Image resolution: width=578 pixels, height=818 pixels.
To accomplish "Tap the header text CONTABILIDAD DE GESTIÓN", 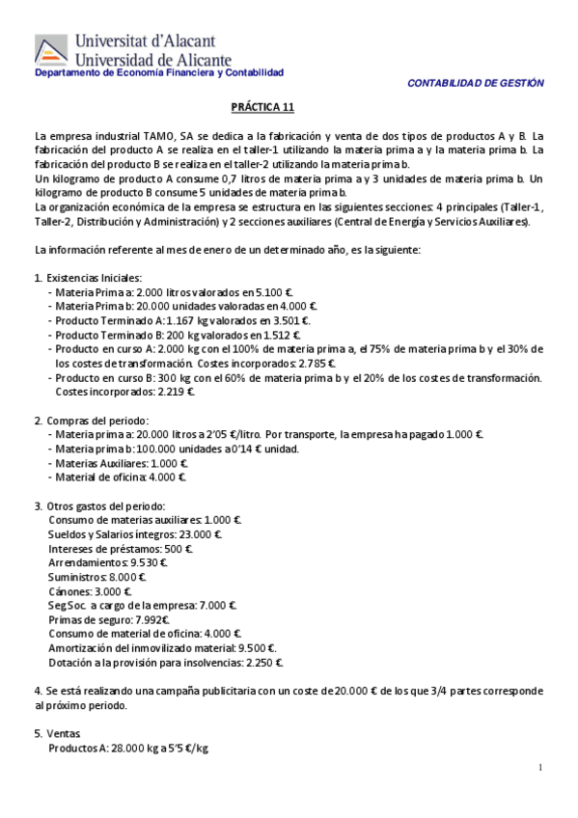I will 476,83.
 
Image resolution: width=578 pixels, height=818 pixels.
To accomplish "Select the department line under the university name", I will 159,73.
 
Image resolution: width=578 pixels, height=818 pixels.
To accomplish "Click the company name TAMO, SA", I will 152,135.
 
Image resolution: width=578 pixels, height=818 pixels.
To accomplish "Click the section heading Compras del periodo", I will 97,421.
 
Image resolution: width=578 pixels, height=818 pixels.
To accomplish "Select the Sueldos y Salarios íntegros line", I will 135,534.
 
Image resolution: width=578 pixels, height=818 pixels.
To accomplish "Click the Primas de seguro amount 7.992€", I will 151,619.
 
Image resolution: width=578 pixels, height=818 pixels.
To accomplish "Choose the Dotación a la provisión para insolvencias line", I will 165,663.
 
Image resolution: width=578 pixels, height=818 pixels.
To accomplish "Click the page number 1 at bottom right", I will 541,767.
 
